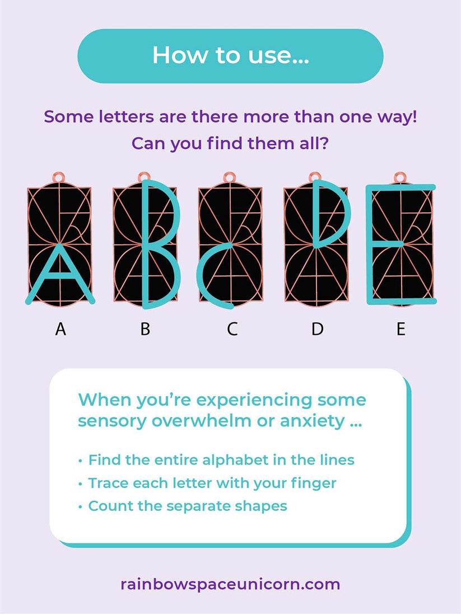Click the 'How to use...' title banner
[231, 55]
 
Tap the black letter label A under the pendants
[60, 329]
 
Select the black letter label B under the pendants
[146, 329]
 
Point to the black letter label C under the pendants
[232, 329]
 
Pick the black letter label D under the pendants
[318, 329]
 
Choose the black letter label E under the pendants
[401, 329]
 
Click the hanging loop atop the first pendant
[59, 177]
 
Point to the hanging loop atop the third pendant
[229, 177]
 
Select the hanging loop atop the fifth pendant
[400, 177]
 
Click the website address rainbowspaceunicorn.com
[231, 584]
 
